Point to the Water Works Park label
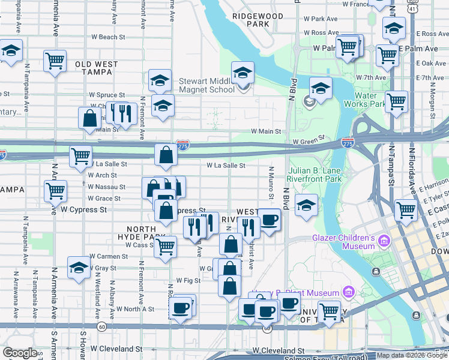(364, 99)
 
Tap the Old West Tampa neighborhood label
(93, 68)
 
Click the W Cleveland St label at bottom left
(116, 349)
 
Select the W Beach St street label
(107, 37)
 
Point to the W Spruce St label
(107, 95)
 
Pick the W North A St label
(135, 309)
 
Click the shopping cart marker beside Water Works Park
(397, 102)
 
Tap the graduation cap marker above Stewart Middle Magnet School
(243, 73)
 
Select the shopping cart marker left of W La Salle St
(80, 157)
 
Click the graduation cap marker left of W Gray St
(79, 268)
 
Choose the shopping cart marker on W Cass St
(165, 247)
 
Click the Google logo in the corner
(20, 353)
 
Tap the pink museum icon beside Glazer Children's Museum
(384, 242)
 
